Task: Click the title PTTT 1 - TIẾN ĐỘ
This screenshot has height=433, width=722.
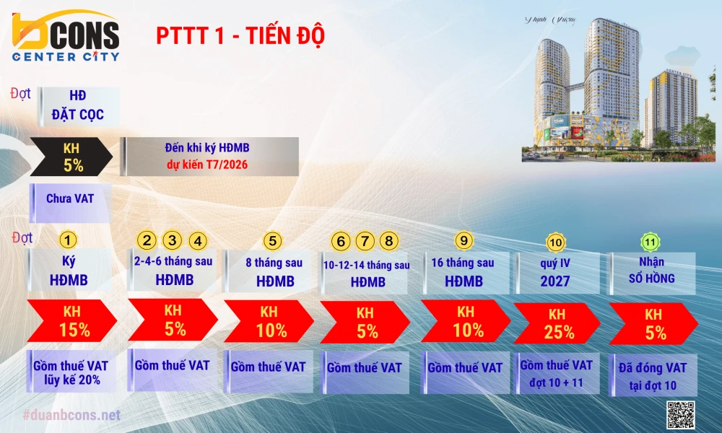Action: (240, 37)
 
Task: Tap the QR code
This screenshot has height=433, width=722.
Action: (680, 414)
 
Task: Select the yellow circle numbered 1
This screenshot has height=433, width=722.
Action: (67, 240)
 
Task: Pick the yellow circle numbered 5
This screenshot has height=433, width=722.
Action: (271, 240)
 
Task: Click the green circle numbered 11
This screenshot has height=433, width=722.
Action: (652, 242)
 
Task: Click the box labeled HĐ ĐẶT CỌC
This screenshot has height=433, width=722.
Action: (77, 105)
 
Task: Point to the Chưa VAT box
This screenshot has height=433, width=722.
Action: (69, 198)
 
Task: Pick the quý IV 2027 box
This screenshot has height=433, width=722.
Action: (555, 272)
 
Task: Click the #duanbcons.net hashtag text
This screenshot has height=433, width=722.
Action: (71, 415)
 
